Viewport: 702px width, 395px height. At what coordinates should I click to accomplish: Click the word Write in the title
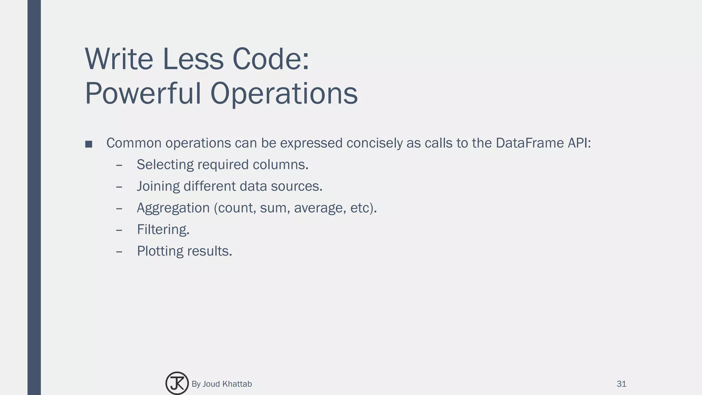point(119,59)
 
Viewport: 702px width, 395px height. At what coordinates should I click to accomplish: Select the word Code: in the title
point(271,59)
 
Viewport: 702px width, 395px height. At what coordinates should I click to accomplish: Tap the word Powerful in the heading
point(143,94)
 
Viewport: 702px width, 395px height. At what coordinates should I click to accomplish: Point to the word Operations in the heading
point(284,94)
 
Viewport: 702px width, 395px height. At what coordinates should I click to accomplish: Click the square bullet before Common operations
point(89,144)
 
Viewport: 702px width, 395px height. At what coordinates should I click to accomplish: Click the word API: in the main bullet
point(579,143)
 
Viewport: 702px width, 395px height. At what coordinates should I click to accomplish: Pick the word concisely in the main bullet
point(374,143)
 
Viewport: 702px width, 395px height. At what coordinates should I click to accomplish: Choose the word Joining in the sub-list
point(158,187)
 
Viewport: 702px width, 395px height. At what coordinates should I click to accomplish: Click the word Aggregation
point(173,208)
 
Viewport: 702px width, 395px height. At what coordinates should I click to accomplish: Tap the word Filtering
point(162,230)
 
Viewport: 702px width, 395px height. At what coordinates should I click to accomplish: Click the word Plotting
point(160,251)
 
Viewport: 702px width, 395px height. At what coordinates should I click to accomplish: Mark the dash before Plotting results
point(119,252)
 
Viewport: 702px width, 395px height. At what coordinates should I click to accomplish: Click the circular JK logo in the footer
point(177,383)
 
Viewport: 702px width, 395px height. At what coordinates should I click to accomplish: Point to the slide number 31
point(621,384)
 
